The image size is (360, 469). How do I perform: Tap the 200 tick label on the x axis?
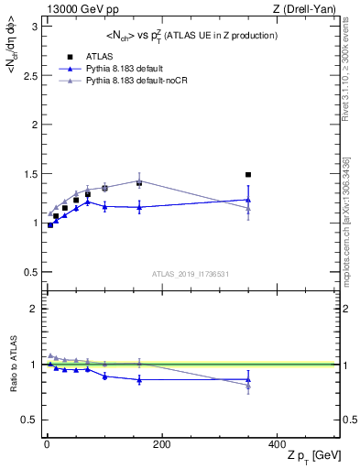[x=161, y=444]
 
